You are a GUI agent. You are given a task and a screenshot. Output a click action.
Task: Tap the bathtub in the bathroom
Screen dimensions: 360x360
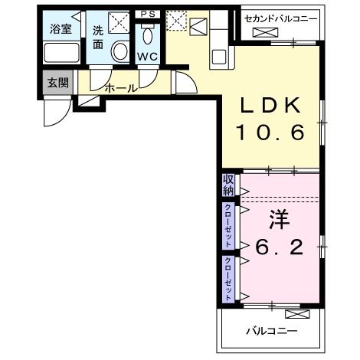pos(61,54)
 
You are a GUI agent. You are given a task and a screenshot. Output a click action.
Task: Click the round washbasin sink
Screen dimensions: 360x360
pos(120,51)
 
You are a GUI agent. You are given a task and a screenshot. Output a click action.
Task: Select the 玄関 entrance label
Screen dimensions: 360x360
pos(57,82)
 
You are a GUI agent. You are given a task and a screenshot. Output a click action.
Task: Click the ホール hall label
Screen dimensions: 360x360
pos(120,88)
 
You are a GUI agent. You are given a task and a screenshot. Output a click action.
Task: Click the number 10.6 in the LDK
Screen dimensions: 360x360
pos(270,132)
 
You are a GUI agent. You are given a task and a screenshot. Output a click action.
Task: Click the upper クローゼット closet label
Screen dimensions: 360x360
pos(228,225)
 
